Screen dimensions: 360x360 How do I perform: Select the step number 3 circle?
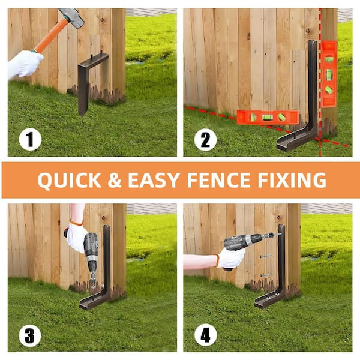tap(29, 335)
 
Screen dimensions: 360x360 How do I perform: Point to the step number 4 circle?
tap(205, 335)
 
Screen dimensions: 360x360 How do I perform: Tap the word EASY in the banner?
tap(159, 180)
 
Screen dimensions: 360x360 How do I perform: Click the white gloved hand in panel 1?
tap(24, 64)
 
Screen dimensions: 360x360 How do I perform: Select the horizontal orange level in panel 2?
tap(266, 117)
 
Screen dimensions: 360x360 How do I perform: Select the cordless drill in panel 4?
tap(243, 242)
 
